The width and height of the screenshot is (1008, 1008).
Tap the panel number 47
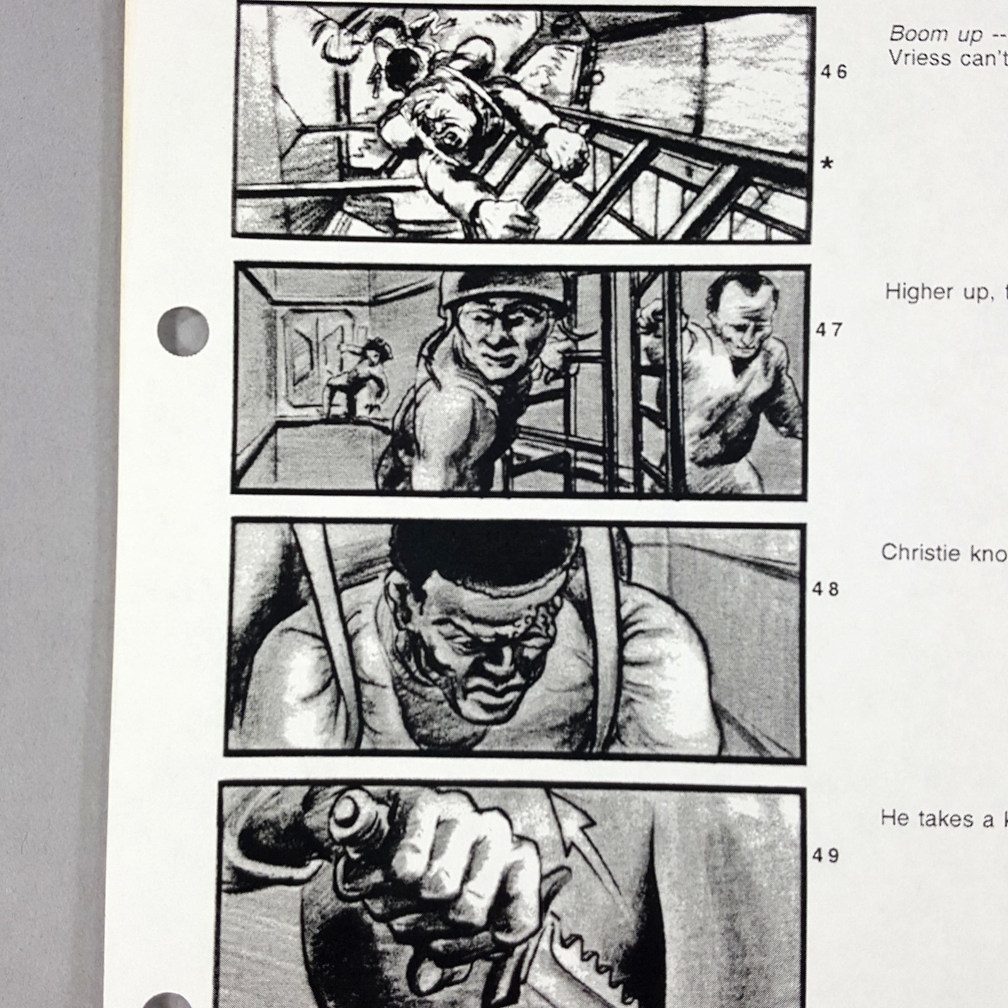click(x=829, y=329)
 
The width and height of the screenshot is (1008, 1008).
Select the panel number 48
click(x=825, y=590)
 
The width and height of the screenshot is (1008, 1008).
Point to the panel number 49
click(x=825, y=856)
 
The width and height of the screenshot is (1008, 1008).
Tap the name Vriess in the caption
click(x=920, y=59)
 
